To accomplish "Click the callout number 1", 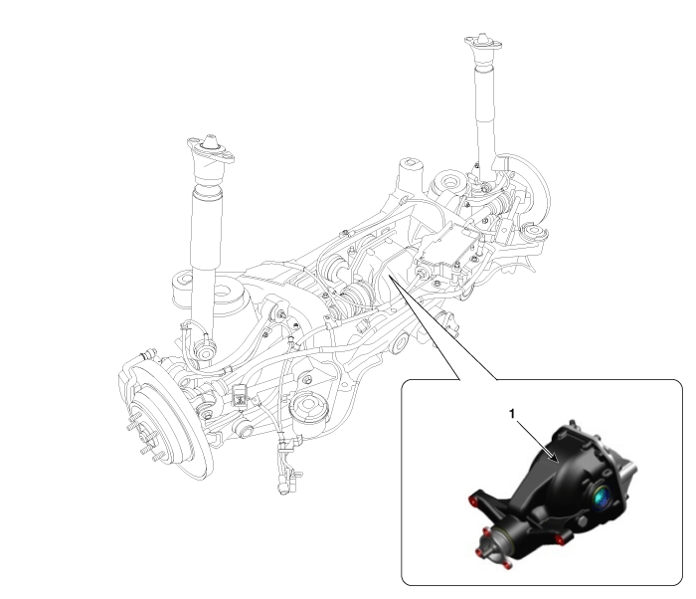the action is [512, 414].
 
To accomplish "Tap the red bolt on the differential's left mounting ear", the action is [473, 501].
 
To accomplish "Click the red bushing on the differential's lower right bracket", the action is [560, 540].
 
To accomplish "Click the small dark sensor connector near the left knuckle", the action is [240, 395].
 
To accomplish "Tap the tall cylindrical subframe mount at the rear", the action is [409, 175].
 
